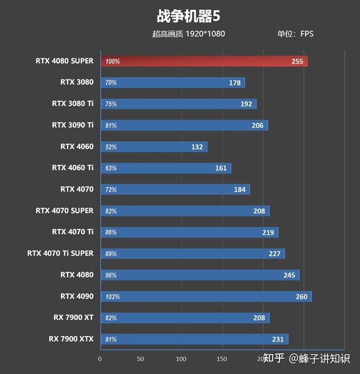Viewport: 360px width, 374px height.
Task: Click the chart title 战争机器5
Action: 188,17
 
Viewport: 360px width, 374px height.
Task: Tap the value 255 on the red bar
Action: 297,61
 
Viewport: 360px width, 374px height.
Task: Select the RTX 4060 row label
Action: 77,146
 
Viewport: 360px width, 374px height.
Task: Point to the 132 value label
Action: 197,147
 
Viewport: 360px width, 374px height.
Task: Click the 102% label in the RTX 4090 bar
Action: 112,297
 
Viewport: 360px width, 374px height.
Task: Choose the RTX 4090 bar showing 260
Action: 206,296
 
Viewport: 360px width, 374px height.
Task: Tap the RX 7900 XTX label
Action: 71,339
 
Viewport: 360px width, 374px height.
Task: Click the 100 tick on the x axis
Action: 181,359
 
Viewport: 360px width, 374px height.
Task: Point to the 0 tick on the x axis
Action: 100,359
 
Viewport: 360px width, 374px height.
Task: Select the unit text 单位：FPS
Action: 295,34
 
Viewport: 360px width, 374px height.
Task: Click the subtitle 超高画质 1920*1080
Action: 189,34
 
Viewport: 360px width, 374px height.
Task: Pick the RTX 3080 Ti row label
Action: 73,104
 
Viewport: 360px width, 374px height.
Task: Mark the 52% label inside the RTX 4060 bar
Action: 111,147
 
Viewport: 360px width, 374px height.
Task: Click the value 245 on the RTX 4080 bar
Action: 289,275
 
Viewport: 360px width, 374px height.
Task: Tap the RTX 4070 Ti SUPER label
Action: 60,253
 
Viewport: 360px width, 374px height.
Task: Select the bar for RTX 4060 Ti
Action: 166,168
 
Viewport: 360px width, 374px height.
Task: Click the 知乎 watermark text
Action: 274,358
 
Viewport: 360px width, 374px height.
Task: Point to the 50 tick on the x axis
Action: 140,359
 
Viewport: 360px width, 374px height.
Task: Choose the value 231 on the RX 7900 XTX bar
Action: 278,339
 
